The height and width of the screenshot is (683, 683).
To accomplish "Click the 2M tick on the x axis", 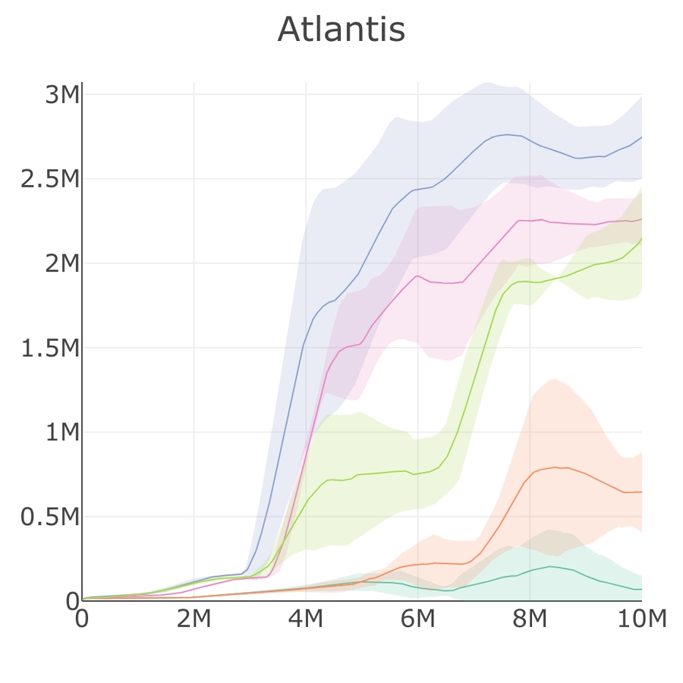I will (x=194, y=619).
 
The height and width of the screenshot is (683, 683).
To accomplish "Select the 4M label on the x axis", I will (x=306, y=619).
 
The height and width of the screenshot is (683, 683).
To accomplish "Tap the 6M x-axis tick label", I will (x=417, y=619).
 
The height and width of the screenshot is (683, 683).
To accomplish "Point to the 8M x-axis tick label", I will (x=530, y=619).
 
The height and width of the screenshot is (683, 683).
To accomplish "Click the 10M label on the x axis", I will (x=641, y=619).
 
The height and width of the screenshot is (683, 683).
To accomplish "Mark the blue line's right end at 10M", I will (x=641, y=137).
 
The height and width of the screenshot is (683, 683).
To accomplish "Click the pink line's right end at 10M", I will (x=641, y=219).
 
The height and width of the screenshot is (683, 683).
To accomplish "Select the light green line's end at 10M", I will (x=641, y=239).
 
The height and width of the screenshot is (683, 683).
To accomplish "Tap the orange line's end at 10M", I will (x=641, y=492).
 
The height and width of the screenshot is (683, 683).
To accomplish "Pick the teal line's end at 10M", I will (x=641, y=589).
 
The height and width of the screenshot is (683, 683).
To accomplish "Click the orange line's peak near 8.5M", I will (x=556, y=467).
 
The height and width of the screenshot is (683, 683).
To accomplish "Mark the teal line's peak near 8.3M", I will (x=548, y=566).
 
